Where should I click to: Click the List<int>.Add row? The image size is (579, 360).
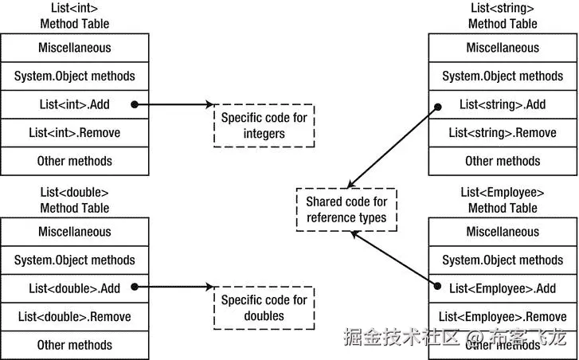point(74,104)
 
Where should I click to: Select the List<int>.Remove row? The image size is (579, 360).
point(74,132)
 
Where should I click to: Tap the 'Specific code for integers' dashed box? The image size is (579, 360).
point(264,125)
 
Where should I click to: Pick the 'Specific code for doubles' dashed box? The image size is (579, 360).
point(264,308)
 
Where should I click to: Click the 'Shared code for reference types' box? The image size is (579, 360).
point(346,209)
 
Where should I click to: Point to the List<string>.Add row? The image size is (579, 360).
point(503,104)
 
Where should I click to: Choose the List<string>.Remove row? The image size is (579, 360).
point(503,132)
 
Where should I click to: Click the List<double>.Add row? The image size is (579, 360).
point(74,288)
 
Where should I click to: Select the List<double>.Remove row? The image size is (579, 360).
point(74,316)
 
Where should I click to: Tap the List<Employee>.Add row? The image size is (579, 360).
point(503,288)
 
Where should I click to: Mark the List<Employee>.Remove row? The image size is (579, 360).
point(503,316)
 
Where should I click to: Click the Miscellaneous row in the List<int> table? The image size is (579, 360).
point(74,48)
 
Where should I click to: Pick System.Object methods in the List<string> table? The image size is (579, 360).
point(503,76)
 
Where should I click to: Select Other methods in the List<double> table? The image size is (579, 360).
point(74,345)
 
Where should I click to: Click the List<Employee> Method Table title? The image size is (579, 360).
point(503,200)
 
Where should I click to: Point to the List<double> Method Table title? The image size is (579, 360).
point(74,200)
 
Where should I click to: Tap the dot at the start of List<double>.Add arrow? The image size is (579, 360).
point(134,288)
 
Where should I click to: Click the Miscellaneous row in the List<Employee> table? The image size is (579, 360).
point(503,232)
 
